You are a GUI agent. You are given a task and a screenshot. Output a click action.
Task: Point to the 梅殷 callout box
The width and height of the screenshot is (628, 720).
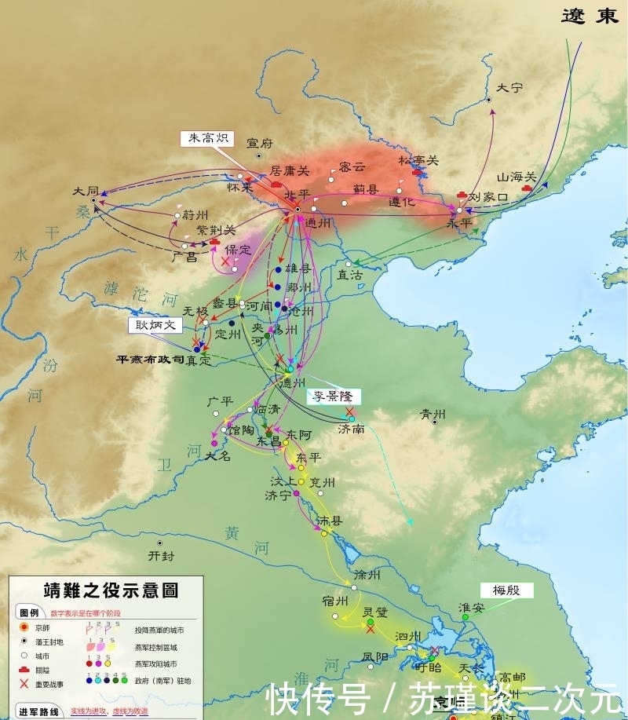(x=506, y=590)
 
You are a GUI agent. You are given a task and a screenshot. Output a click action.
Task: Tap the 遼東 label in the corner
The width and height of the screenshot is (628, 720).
(x=590, y=16)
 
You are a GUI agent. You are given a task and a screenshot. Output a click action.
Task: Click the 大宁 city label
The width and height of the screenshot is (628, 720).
(x=509, y=88)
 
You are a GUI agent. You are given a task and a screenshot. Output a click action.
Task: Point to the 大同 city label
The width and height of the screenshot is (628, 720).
(x=86, y=191)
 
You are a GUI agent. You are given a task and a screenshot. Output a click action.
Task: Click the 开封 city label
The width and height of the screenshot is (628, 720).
(x=160, y=555)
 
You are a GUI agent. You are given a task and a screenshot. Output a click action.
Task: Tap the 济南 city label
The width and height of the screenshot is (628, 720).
(x=350, y=429)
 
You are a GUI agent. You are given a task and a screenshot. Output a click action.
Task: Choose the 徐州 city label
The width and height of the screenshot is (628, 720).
(x=367, y=575)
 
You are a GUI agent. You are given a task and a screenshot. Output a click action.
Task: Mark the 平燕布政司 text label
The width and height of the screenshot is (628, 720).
(x=150, y=359)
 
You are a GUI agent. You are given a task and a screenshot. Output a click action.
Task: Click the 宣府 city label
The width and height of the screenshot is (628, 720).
(x=259, y=143)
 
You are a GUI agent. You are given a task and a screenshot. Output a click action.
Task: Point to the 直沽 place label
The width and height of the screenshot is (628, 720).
(x=349, y=276)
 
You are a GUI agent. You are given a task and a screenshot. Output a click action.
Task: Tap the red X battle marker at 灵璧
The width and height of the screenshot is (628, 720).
(x=370, y=628)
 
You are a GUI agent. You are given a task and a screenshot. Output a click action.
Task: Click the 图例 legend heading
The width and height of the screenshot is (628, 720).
(x=29, y=612)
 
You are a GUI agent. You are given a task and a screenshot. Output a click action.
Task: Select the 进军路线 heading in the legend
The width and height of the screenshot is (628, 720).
(x=38, y=711)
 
